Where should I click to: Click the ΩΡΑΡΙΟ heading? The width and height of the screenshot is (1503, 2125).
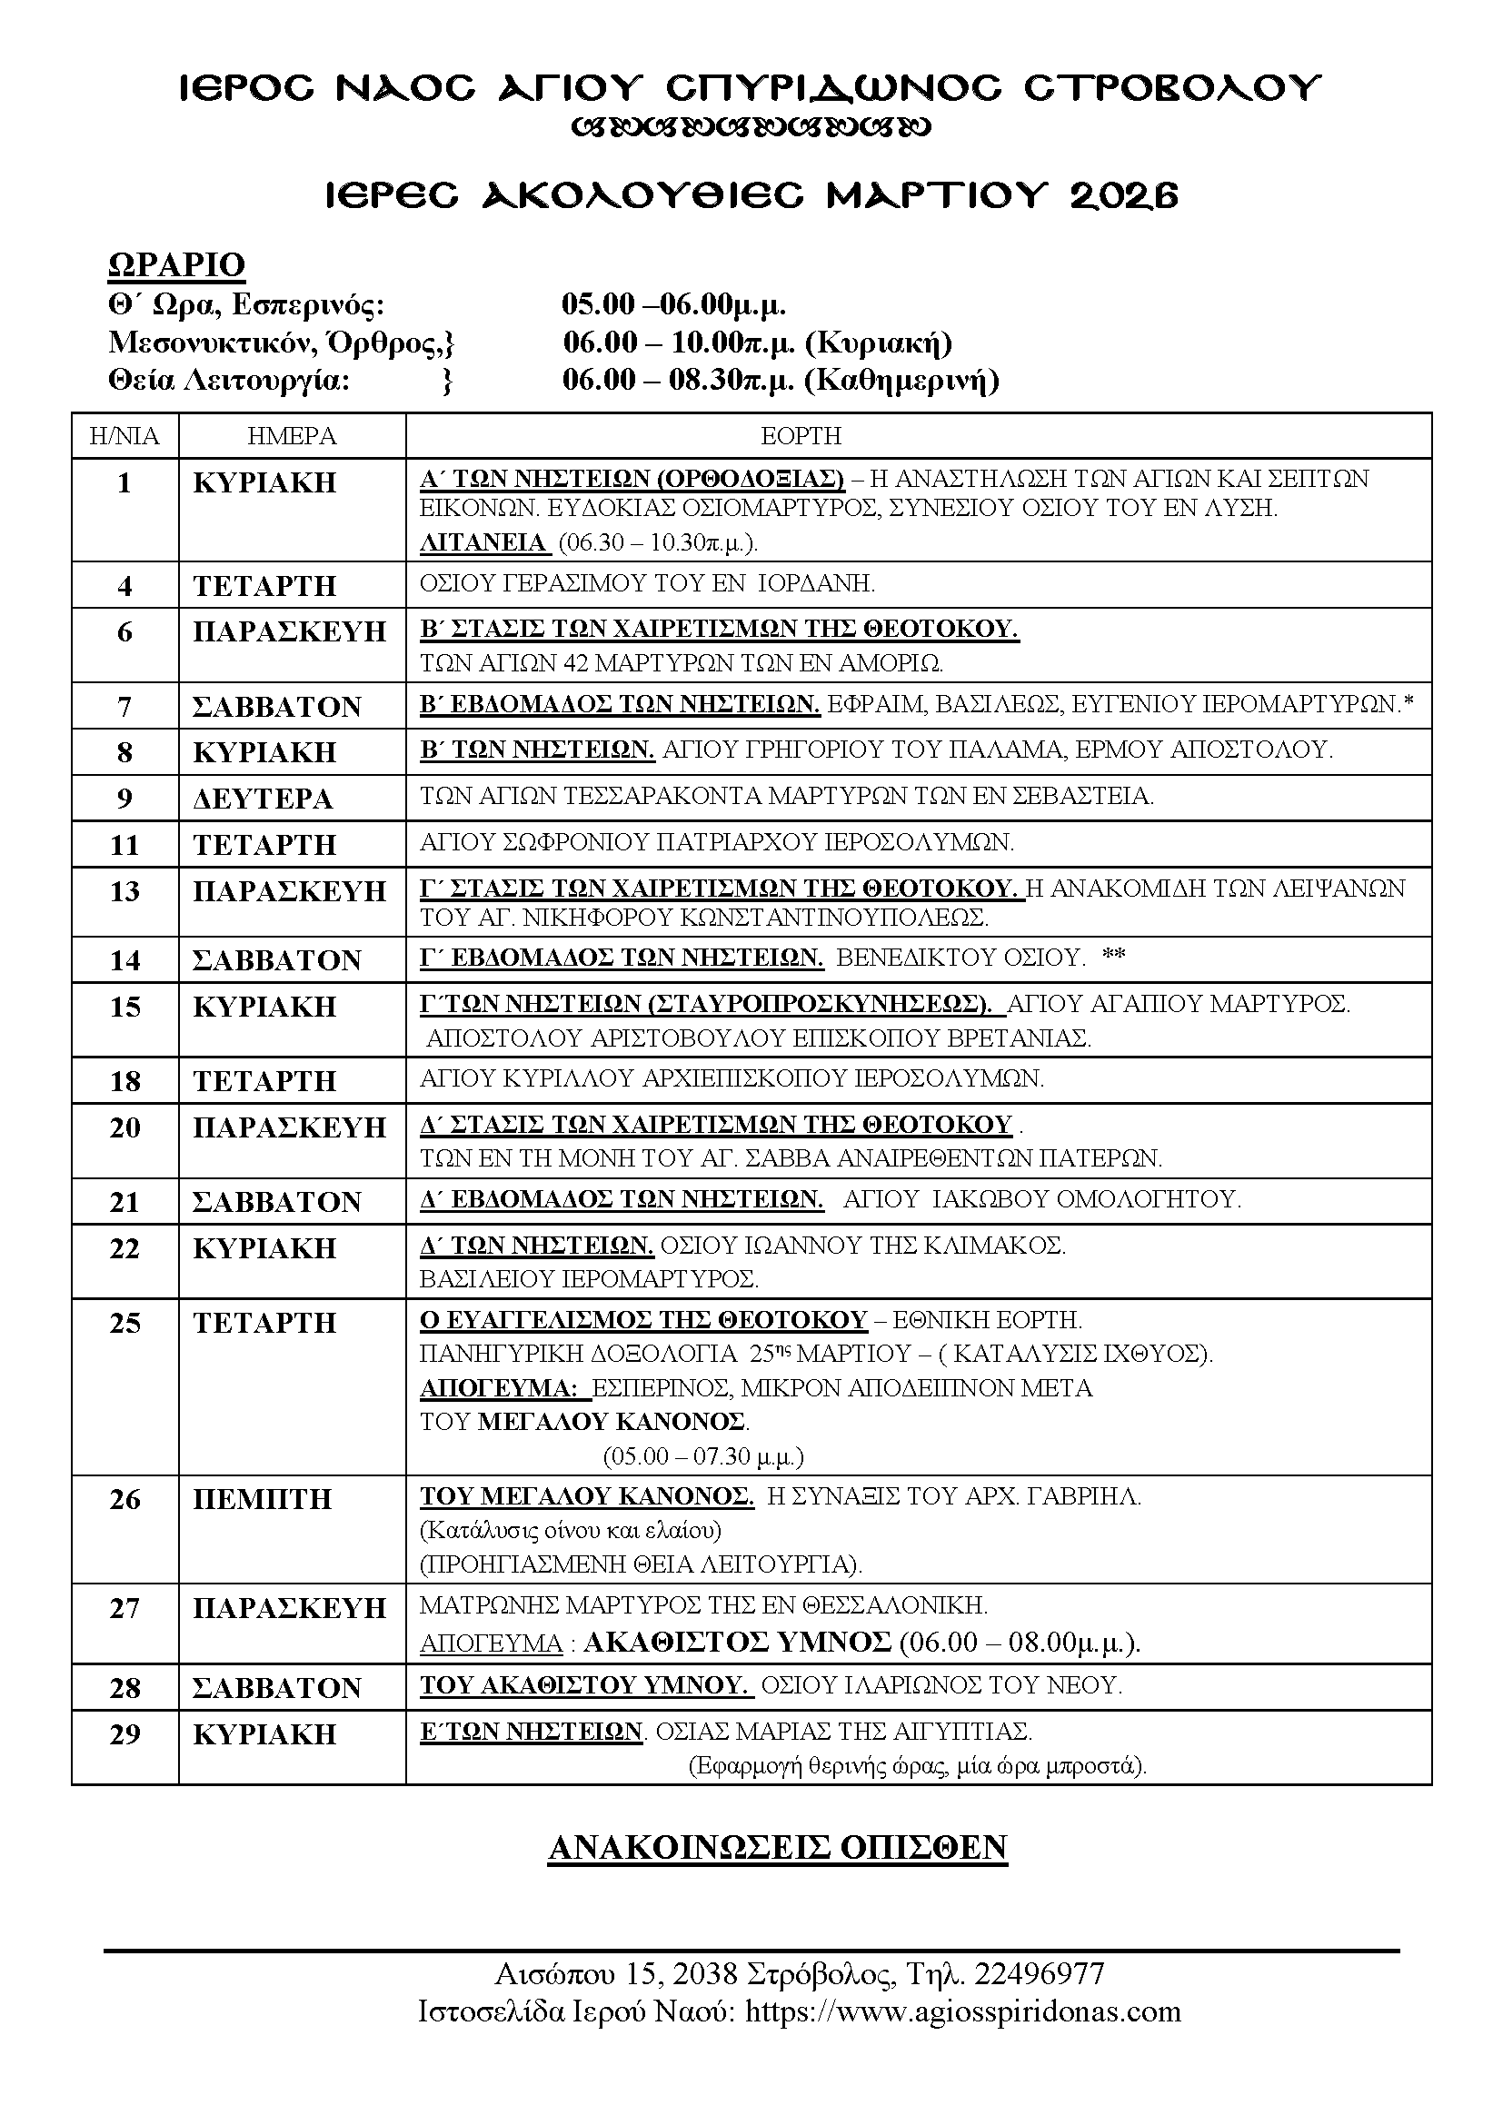point(177,264)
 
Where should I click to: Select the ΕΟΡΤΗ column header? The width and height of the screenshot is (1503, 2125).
point(801,435)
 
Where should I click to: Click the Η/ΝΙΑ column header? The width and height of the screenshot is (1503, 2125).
point(124,435)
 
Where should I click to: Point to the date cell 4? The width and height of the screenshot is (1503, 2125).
point(124,585)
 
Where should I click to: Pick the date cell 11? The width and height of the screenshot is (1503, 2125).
point(124,844)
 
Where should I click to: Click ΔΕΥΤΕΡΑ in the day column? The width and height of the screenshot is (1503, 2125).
point(262,799)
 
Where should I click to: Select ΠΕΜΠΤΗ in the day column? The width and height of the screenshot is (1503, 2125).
point(262,1499)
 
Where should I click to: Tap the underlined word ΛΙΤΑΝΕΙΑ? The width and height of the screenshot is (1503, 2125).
point(483,542)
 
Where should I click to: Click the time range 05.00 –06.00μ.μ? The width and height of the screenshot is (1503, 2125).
point(673,304)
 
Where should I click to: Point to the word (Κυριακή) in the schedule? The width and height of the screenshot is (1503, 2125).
point(879,343)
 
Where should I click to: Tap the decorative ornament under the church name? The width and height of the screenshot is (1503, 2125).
point(751,127)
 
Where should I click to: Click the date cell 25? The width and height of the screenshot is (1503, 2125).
point(124,1323)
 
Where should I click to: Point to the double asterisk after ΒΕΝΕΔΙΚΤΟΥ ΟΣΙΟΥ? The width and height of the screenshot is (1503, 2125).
point(1113,956)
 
